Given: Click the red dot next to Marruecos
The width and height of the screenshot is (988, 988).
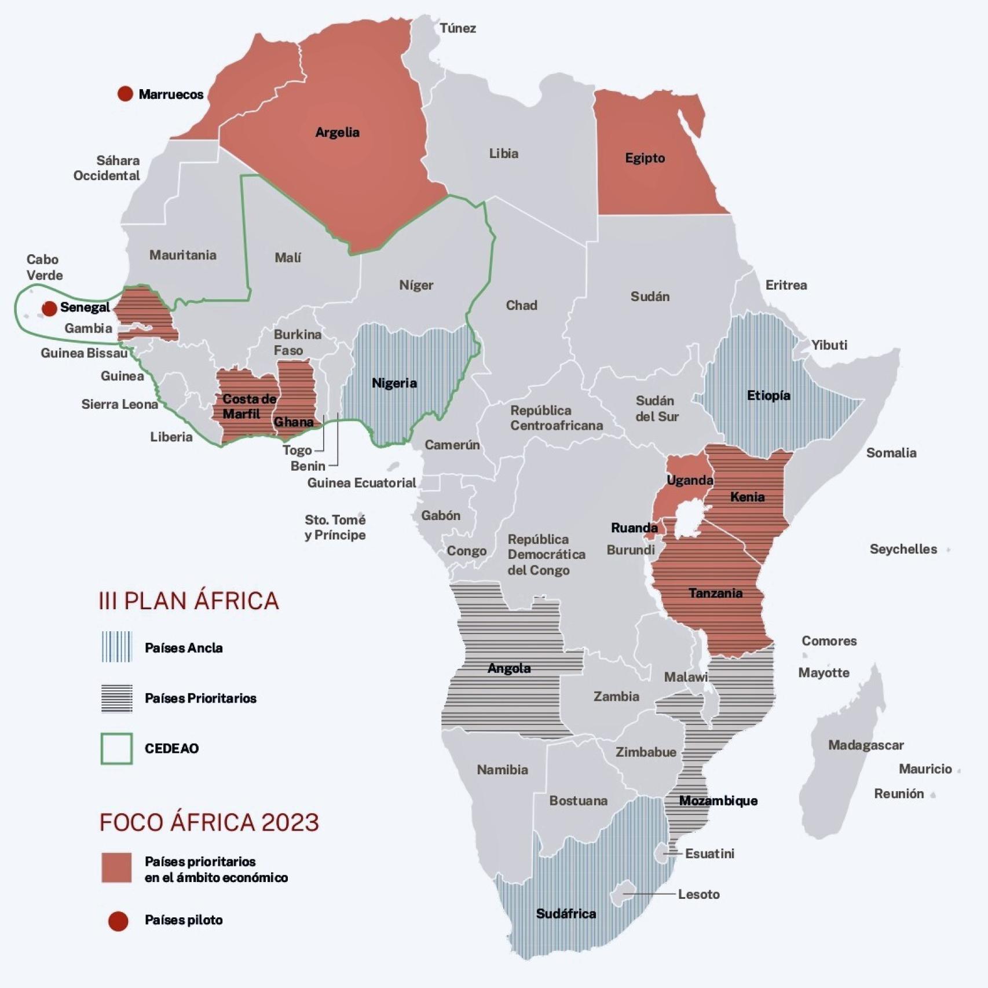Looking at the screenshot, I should pos(125,94).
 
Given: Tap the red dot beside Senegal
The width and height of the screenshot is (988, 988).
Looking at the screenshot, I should pos(50,308).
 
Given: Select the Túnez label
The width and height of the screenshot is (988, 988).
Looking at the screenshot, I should pos(458,28).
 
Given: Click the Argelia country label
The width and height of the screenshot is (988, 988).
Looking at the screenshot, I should pos(337,132).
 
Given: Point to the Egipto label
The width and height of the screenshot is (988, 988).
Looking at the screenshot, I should pos(645,158).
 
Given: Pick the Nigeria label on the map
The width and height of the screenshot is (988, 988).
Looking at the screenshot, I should pos(394,383).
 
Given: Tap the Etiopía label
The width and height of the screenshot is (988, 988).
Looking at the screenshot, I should pos(768,396).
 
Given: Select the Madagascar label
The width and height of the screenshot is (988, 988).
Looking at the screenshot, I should pos(865,745).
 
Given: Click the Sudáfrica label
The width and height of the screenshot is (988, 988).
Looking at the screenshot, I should pos(566,913).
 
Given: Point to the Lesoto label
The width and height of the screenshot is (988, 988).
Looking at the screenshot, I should pos(698,894).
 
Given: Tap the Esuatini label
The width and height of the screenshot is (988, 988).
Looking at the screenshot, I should pos(709,854).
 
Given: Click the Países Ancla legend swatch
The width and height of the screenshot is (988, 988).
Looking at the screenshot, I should pos(117,647).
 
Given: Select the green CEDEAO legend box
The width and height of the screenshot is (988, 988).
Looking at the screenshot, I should pos(117,748).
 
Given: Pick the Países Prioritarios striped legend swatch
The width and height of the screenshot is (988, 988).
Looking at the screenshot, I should pos(117,698).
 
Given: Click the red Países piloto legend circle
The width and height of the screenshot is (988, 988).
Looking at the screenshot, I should pos(118,921).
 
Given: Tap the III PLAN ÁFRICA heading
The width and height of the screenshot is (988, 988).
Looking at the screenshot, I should pos(189,601).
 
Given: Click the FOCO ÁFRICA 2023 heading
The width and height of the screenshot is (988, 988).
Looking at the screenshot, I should pos(209,822).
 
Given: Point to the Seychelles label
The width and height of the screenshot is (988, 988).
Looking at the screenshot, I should pos(903,549).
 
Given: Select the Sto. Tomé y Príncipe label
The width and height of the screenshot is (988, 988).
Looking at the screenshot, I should pos(335,527).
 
